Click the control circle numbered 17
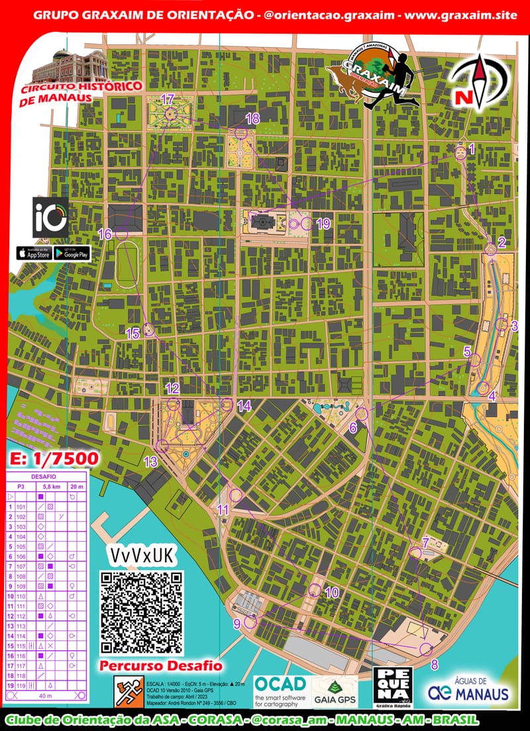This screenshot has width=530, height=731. pos(168,115)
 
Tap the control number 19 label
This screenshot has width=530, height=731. pos(323,224)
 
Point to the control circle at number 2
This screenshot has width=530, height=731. pos(490,249)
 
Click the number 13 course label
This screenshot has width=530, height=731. pos(150,462)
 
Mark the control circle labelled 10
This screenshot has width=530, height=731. pos(315,590)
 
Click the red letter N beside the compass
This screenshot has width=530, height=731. pos(462,98)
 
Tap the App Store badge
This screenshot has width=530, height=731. pos(34,254)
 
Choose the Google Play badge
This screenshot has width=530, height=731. pos(72,254)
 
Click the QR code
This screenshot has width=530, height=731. pos(141,612)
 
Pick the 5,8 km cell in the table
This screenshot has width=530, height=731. pos(51,486)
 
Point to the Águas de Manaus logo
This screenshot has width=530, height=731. pos(469,689)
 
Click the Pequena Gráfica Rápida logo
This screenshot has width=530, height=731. pos(394,688)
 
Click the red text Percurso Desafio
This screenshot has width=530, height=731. pos(161,665)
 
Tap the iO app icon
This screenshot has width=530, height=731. pos(50,217)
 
